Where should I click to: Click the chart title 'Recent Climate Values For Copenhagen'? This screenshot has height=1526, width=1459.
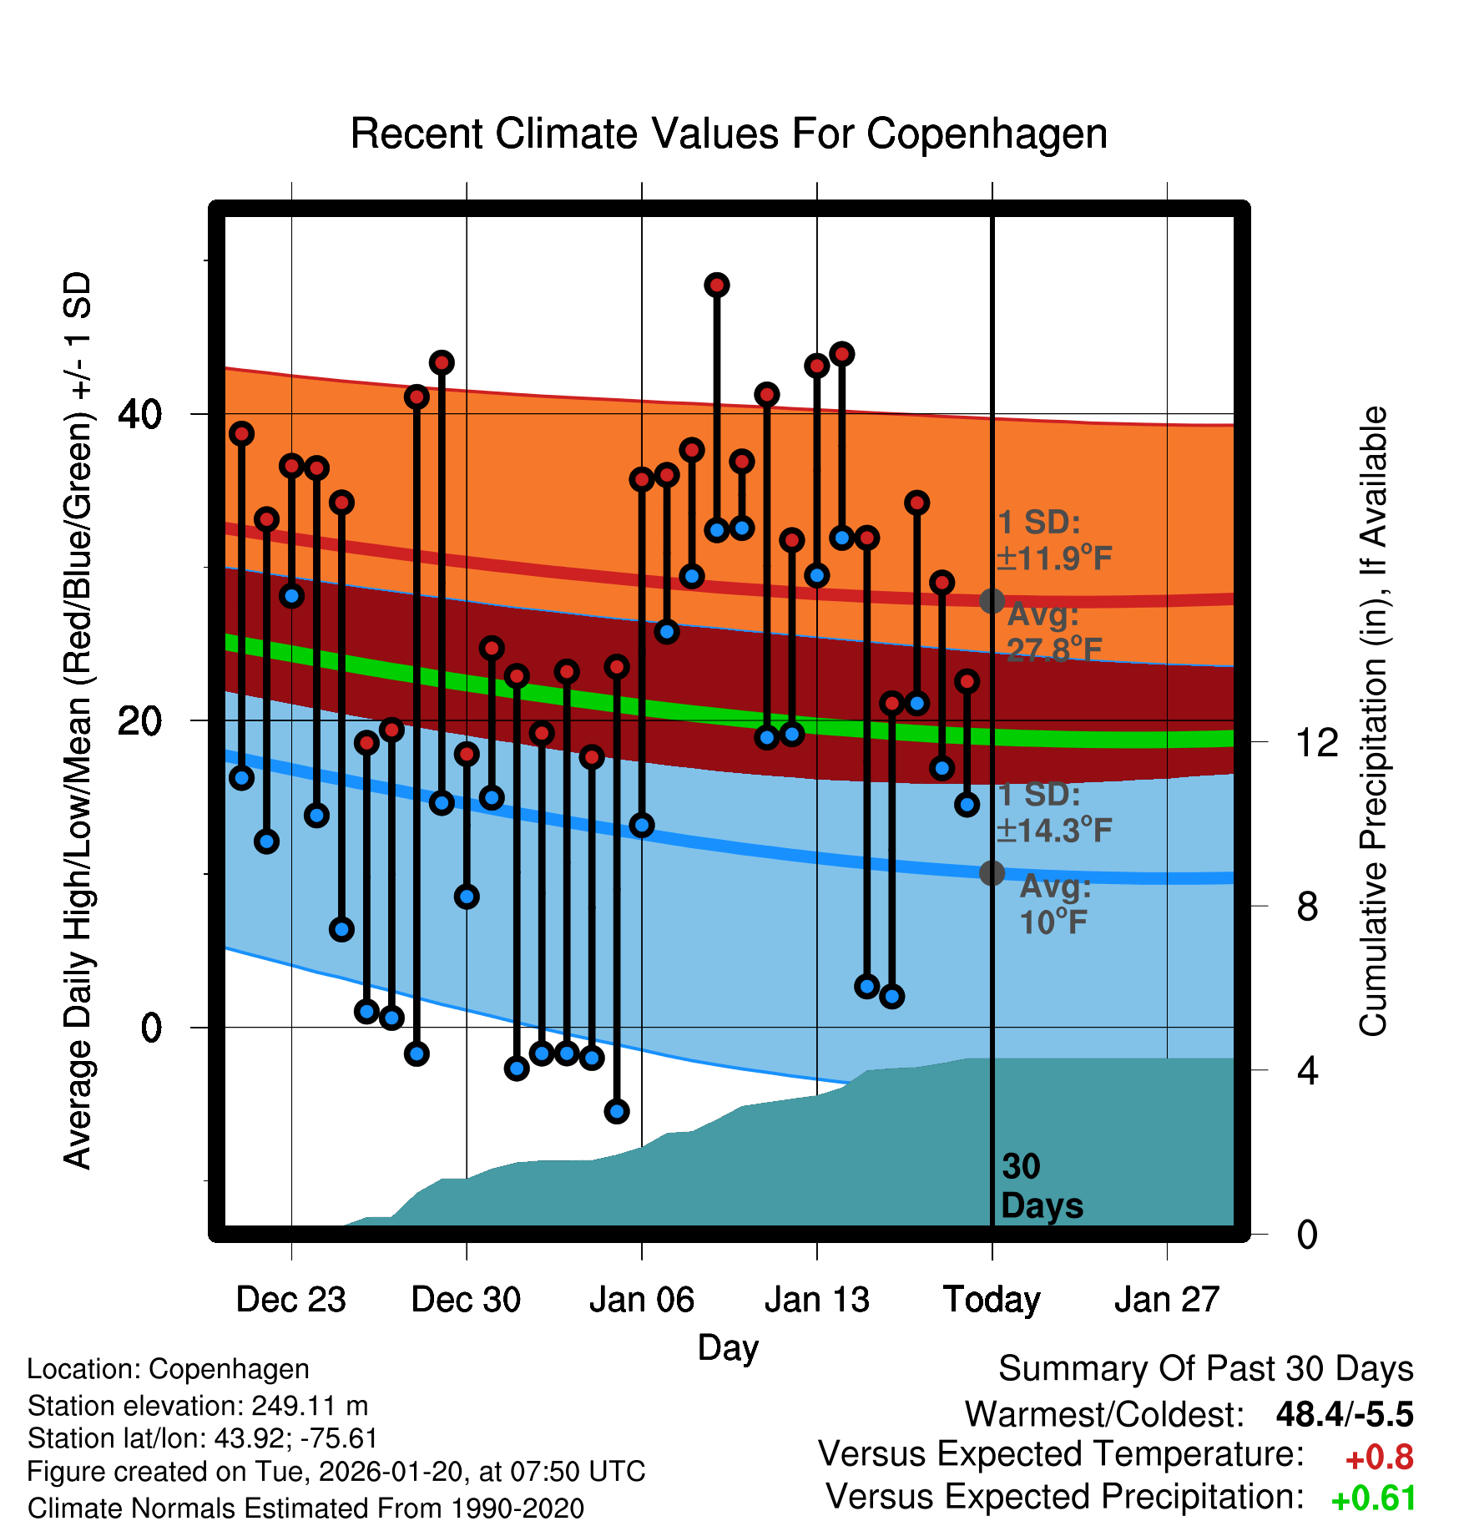point(729,134)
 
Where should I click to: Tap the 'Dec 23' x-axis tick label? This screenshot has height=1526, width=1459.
point(290,1300)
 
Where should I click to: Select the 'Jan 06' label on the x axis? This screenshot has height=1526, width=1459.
point(641,1300)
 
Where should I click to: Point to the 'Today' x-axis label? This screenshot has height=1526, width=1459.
point(992,1300)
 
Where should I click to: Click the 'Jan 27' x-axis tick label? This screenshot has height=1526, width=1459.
point(1167,1300)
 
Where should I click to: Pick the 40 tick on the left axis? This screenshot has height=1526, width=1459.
point(140,414)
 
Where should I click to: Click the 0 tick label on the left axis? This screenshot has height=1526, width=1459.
point(151,1028)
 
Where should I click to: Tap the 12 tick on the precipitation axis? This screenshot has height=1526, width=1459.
point(1316,742)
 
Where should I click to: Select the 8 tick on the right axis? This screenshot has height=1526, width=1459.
point(1307,907)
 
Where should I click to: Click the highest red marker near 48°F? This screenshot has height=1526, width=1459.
point(717,285)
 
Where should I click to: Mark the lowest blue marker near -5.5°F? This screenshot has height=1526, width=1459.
point(617,1111)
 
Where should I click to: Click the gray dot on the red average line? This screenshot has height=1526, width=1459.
point(992,601)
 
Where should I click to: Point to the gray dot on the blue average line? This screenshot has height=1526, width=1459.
point(992,873)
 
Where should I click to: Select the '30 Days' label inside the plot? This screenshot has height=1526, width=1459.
point(1040,1186)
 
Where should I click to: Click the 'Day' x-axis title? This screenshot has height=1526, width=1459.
point(728,1347)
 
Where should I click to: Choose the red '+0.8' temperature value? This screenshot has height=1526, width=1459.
point(1379,1458)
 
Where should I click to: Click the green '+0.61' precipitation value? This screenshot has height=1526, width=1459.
point(1373,1498)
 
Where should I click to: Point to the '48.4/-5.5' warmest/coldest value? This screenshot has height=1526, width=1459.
point(1344,1414)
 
